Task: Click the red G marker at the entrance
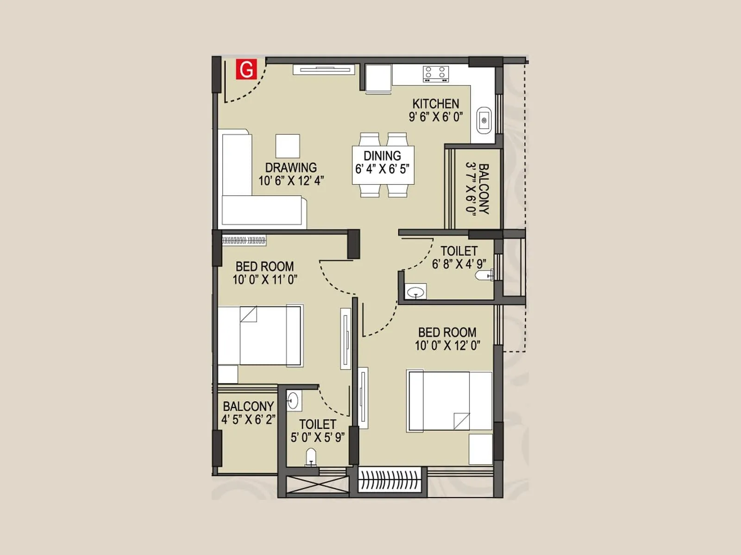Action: click(246, 69)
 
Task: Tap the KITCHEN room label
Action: click(435, 104)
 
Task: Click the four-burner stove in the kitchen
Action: click(436, 74)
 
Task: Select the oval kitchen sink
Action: click(484, 120)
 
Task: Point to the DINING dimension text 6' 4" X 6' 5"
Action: click(382, 169)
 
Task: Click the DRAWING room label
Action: click(291, 167)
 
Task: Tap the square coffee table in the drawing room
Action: click(288, 146)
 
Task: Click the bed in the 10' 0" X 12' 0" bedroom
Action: click(448, 401)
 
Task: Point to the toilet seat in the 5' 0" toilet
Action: click(311, 457)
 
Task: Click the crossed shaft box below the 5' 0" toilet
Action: click(318, 484)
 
